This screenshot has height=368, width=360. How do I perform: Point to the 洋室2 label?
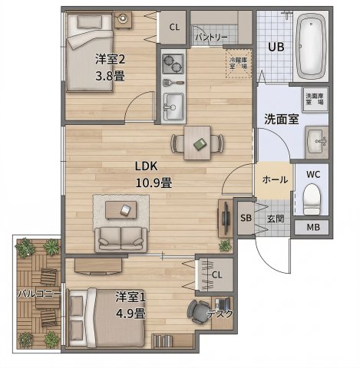(110, 59)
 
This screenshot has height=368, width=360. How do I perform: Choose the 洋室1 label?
(131, 296)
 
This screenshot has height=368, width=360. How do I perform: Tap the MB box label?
(313, 228)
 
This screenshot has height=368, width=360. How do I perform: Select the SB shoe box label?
(246, 219)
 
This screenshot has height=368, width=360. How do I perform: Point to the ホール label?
(274, 180)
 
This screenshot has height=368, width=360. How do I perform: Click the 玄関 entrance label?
(274, 219)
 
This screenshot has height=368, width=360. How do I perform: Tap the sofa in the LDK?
(122, 237)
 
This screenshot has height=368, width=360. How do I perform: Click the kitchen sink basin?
(173, 103)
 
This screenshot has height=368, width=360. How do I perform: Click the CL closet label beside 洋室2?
(174, 28)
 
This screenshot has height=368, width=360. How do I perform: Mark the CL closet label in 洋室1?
(216, 275)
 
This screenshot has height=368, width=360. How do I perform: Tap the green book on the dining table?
(199, 143)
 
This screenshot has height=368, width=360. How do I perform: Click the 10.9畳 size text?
(154, 182)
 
